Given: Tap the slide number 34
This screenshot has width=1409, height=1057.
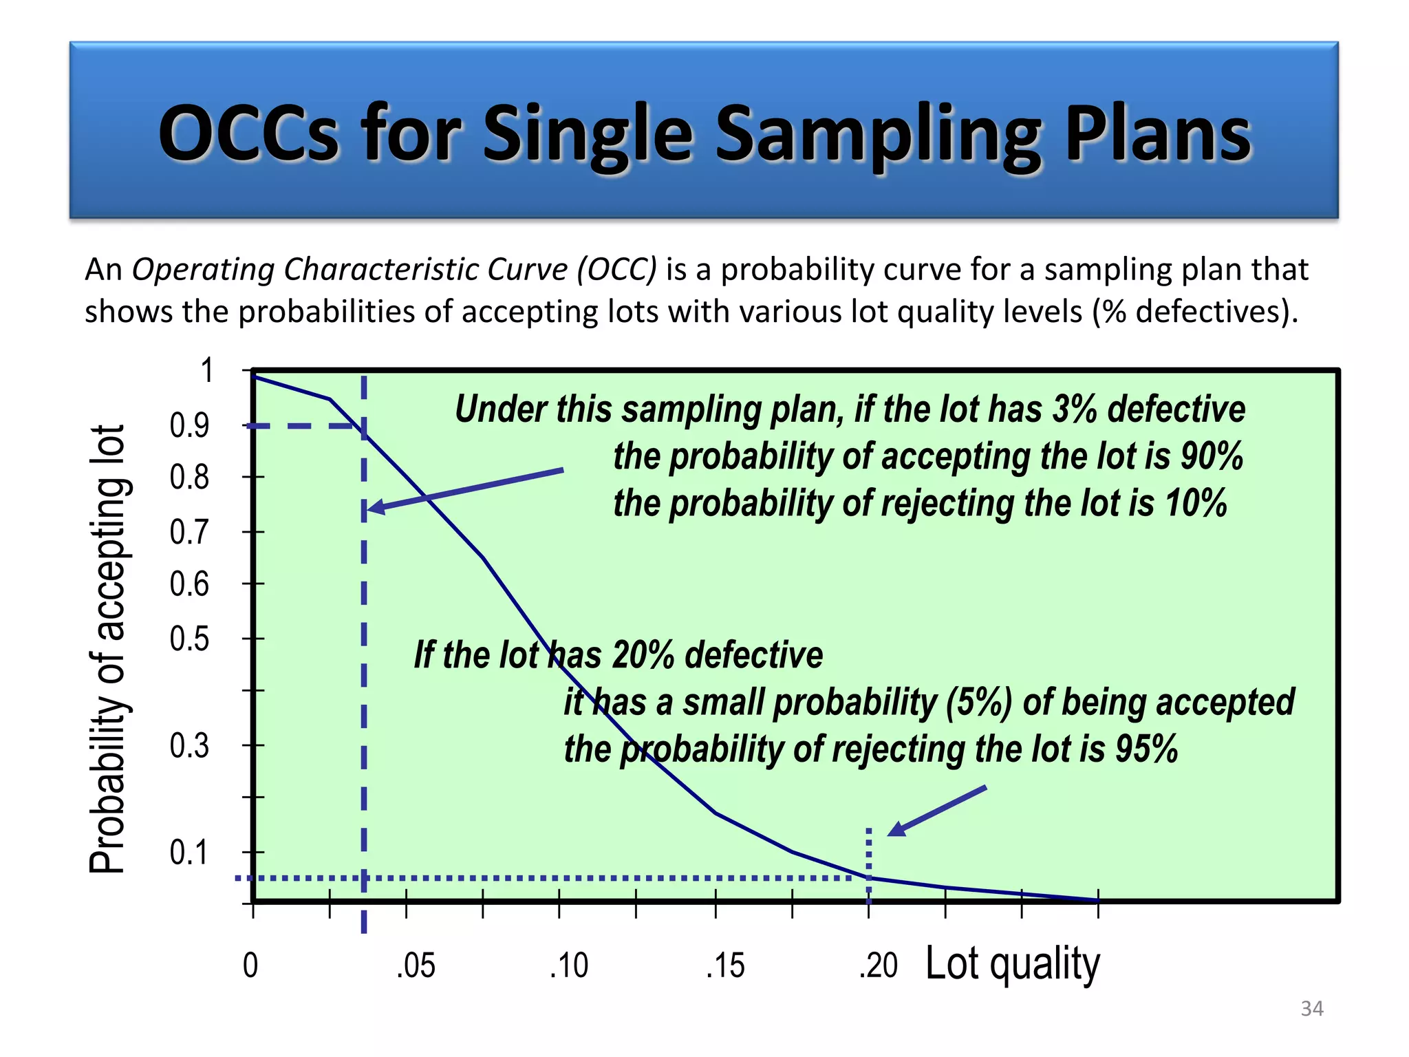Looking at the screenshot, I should click(1311, 1008).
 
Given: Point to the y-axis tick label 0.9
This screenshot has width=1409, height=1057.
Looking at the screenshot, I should click(189, 426).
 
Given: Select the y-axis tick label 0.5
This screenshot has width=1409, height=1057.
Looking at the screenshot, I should click(189, 639).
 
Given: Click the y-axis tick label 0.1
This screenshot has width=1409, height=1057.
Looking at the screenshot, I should click(189, 853).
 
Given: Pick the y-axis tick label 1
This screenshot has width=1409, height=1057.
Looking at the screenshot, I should click(206, 371).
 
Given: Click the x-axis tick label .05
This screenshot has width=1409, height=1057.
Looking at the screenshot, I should click(416, 965).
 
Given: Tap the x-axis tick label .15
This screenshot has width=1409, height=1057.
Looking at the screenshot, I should click(725, 965).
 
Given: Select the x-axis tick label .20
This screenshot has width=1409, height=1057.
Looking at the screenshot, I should click(879, 965).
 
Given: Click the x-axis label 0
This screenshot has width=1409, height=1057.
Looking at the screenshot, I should click(250, 965).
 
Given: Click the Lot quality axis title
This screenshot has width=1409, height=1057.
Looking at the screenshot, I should click(1012, 963).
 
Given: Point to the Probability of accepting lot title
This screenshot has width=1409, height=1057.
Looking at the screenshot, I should click(108, 649).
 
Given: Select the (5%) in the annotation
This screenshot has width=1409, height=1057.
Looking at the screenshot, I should click(978, 703).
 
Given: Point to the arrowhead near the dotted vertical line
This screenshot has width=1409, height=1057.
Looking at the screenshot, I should click(894, 831).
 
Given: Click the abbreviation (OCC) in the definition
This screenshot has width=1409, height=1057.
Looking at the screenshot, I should click(617, 269).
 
